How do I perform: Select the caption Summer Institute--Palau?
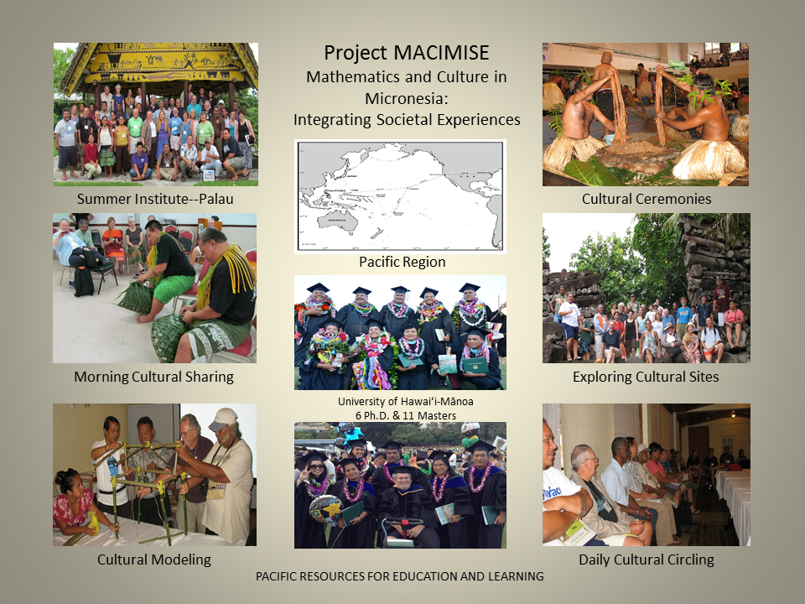[155, 199]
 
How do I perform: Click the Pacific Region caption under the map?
[402, 262]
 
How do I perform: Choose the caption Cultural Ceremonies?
[647, 199]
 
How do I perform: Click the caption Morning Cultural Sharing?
[154, 377]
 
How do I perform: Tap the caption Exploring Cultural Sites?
[646, 377]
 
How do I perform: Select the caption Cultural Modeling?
[154, 560]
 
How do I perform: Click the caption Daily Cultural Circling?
[647, 560]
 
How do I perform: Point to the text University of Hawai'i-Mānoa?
[406, 401]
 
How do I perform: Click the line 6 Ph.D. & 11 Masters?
[406, 415]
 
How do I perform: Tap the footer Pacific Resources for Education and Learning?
[400, 576]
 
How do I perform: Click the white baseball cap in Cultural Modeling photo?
[223, 419]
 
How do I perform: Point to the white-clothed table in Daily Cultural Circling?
[735, 503]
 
